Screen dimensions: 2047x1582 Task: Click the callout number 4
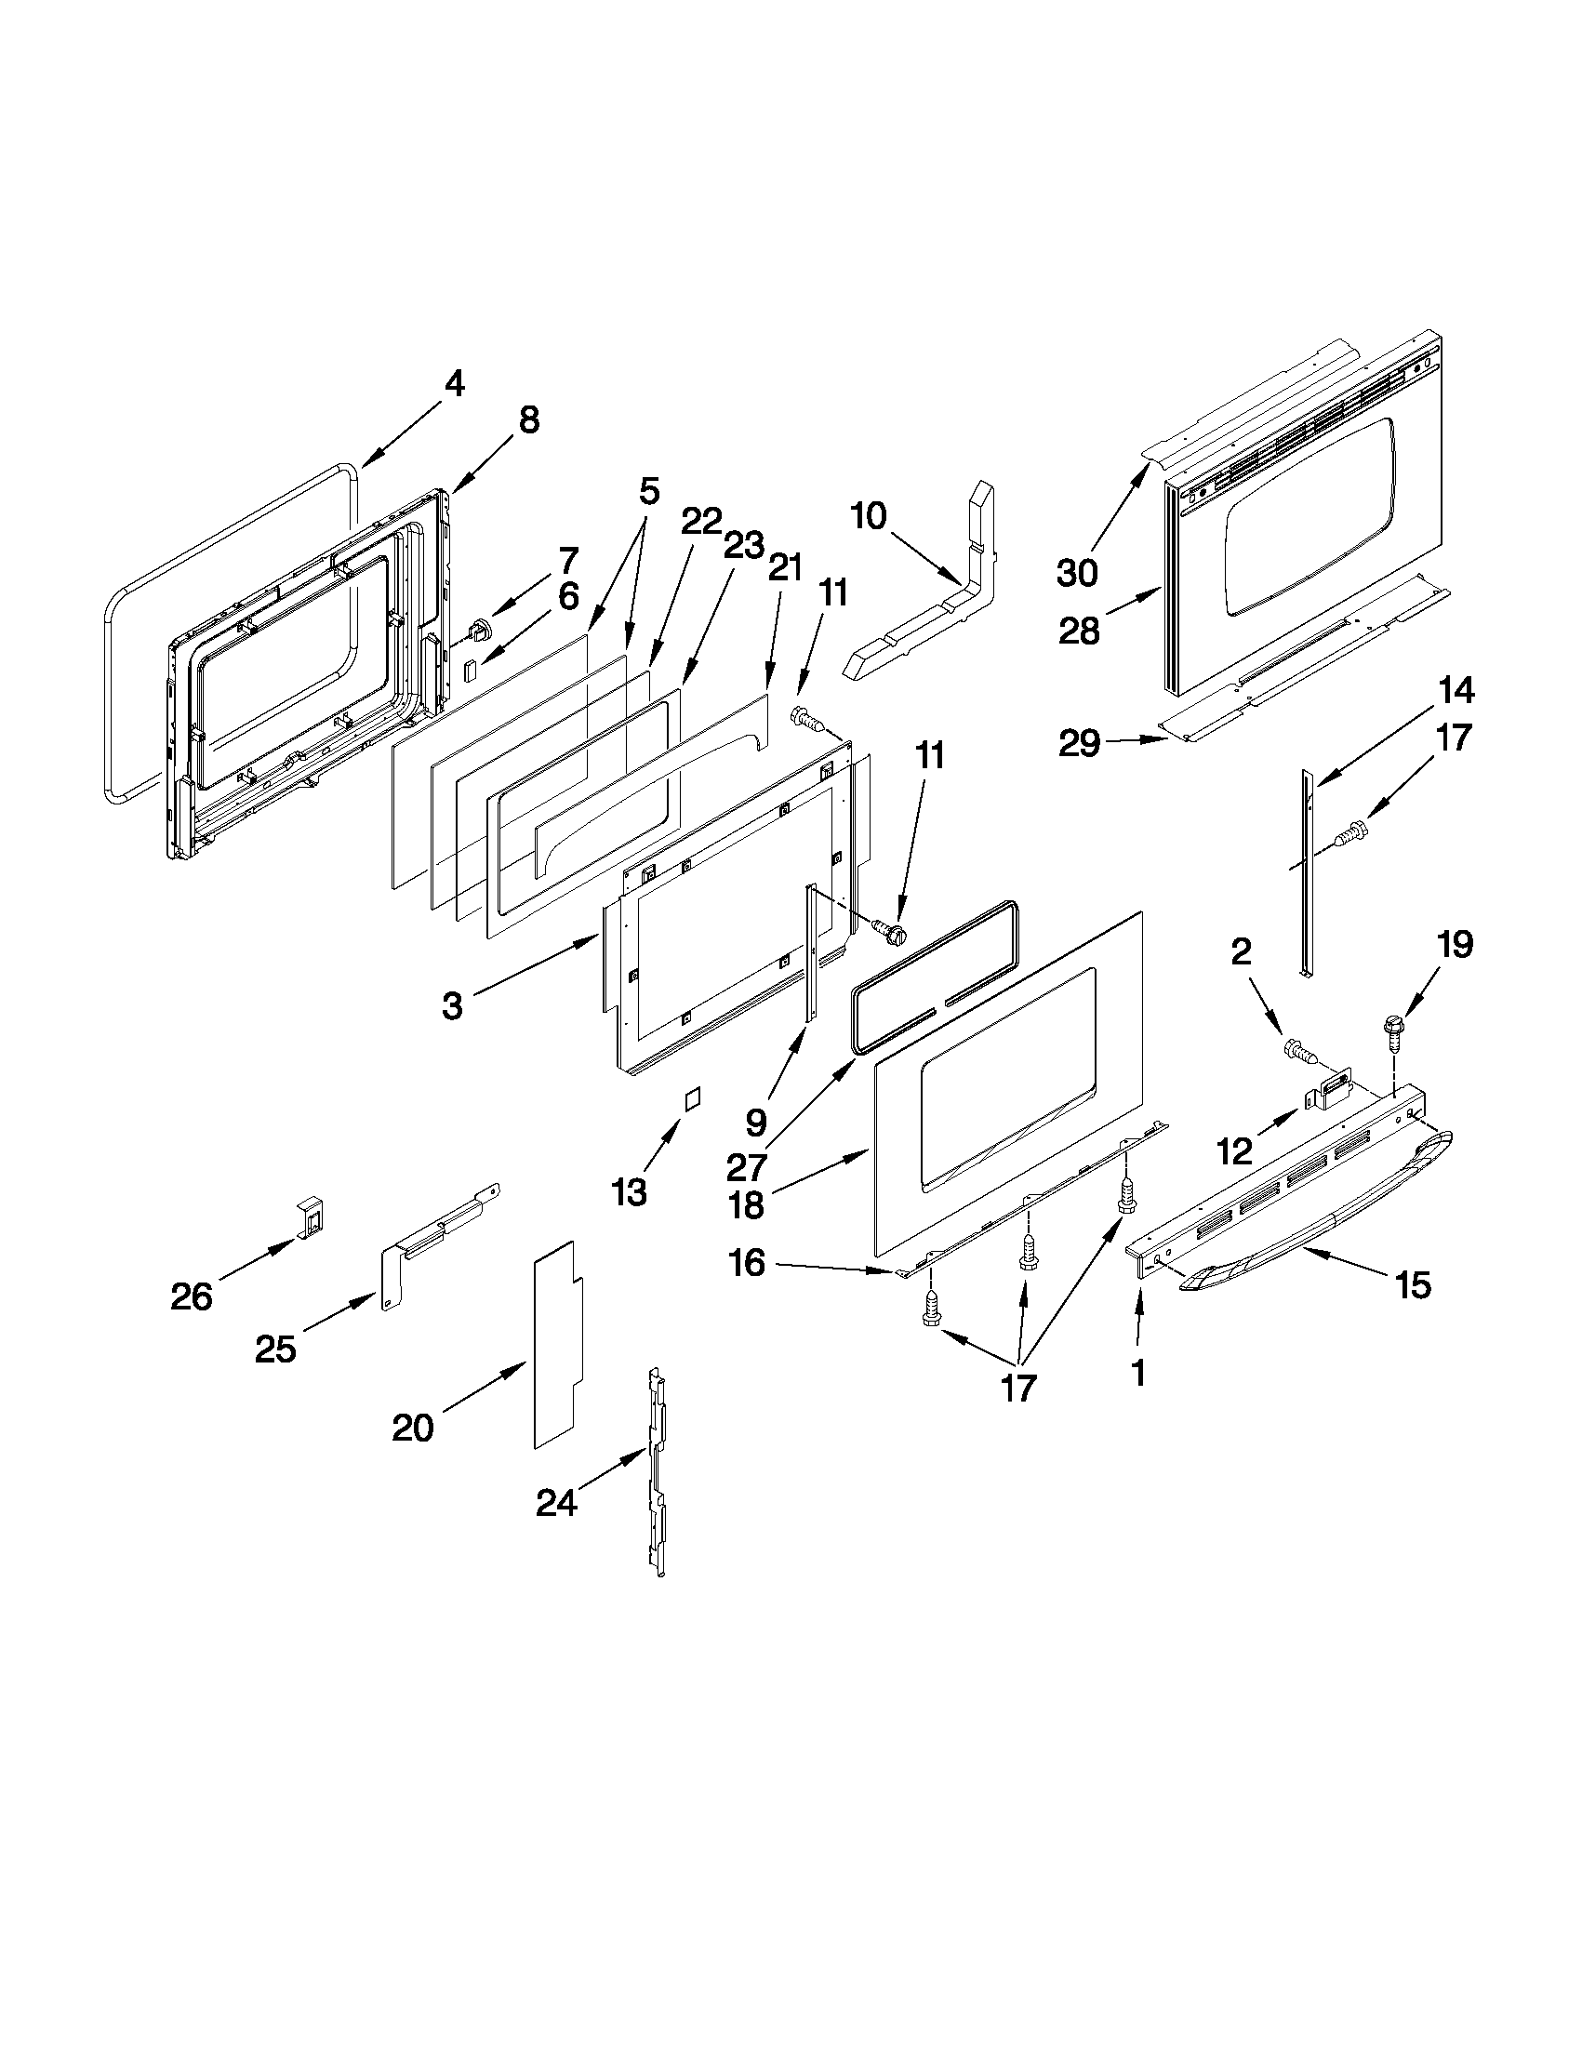[x=454, y=383]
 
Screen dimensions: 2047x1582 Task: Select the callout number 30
[x=1078, y=571]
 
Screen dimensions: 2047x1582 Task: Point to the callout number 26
[x=192, y=1297]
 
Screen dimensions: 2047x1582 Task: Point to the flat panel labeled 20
[x=558, y=1345]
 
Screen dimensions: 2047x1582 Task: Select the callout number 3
[x=452, y=1006]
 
